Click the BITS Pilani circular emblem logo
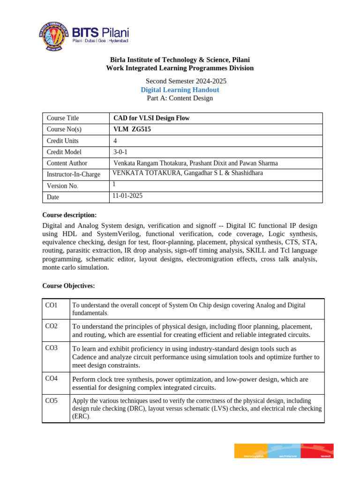tap(54, 35)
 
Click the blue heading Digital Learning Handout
tap(180, 90)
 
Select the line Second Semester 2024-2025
tap(180, 81)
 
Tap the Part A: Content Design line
tap(180, 98)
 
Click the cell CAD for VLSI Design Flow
tap(151, 118)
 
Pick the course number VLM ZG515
tap(133, 129)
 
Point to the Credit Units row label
tap(62, 141)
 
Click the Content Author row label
tap(67, 163)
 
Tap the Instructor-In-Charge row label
tap(74, 174)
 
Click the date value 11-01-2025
tap(127, 196)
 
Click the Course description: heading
tap(69, 215)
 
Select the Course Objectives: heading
tap(68, 285)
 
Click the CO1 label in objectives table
tap(51, 305)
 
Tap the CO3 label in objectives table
tap(51, 348)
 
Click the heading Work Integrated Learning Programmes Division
tap(180, 68)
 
